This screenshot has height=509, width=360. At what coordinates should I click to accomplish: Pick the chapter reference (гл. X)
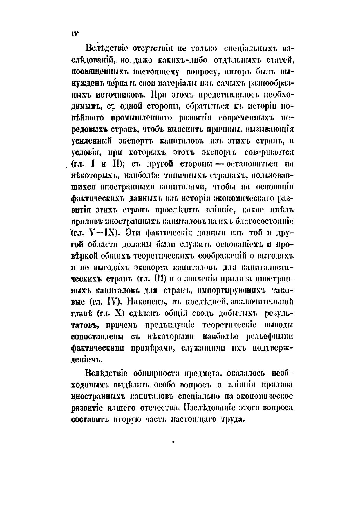coord(111,313)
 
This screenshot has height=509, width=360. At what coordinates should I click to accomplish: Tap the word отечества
coord(157,408)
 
